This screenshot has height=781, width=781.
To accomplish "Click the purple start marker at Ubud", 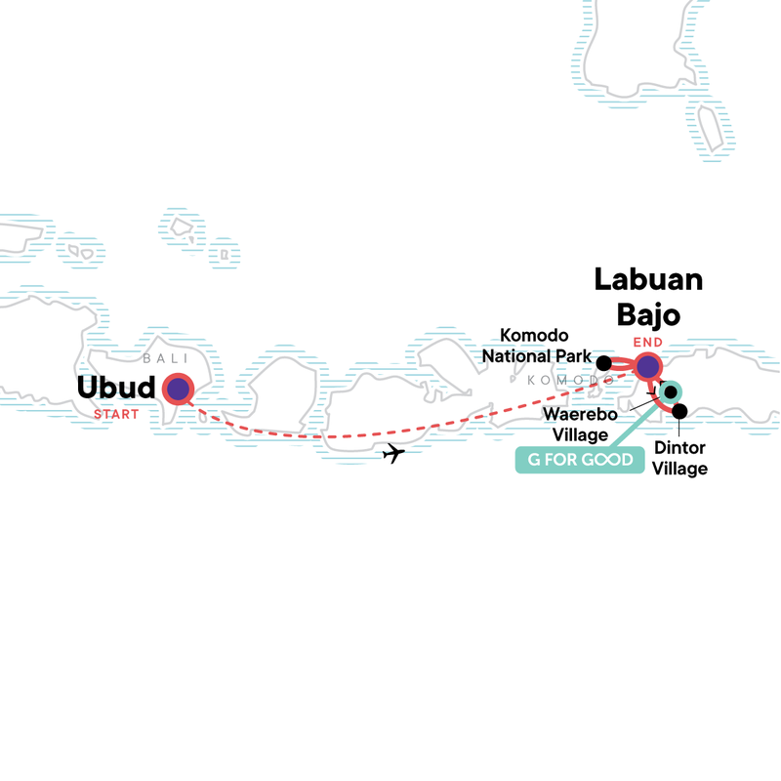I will coord(179,389).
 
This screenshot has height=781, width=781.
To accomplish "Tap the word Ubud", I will coord(116,389).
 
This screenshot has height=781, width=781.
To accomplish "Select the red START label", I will coord(116,412).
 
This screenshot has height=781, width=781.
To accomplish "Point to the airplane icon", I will coord(392,453).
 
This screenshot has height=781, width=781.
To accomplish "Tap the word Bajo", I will coord(649,315).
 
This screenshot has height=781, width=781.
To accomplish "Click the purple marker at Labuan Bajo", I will coord(648,367).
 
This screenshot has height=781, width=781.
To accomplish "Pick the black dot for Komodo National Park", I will coord(604,364).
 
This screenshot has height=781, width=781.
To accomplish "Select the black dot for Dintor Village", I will coord(679,411).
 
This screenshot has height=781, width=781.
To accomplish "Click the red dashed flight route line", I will coord(293,433).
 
